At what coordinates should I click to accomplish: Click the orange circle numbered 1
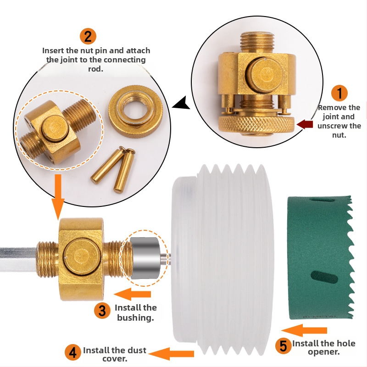(339, 93)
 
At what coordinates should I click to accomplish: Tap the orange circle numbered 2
(88, 37)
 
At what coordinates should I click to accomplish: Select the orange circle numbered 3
(102, 311)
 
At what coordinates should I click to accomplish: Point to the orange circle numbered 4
(73, 352)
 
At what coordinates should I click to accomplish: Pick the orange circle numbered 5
(283, 346)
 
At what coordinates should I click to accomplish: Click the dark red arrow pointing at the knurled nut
(305, 124)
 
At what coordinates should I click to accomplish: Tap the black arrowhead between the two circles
(182, 103)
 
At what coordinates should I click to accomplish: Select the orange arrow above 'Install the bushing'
(132, 294)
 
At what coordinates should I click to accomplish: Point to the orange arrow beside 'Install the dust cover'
(171, 354)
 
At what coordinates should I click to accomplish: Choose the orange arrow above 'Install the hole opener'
(304, 330)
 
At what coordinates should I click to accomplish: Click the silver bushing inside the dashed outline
(145, 258)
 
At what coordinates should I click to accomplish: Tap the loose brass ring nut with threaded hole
(135, 111)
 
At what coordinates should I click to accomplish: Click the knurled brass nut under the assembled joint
(256, 124)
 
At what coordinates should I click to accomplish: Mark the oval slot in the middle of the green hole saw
(324, 278)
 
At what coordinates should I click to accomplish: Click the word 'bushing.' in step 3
(135, 317)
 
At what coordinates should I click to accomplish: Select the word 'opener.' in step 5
(324, 352)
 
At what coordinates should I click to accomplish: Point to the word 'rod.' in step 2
(96, 69)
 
